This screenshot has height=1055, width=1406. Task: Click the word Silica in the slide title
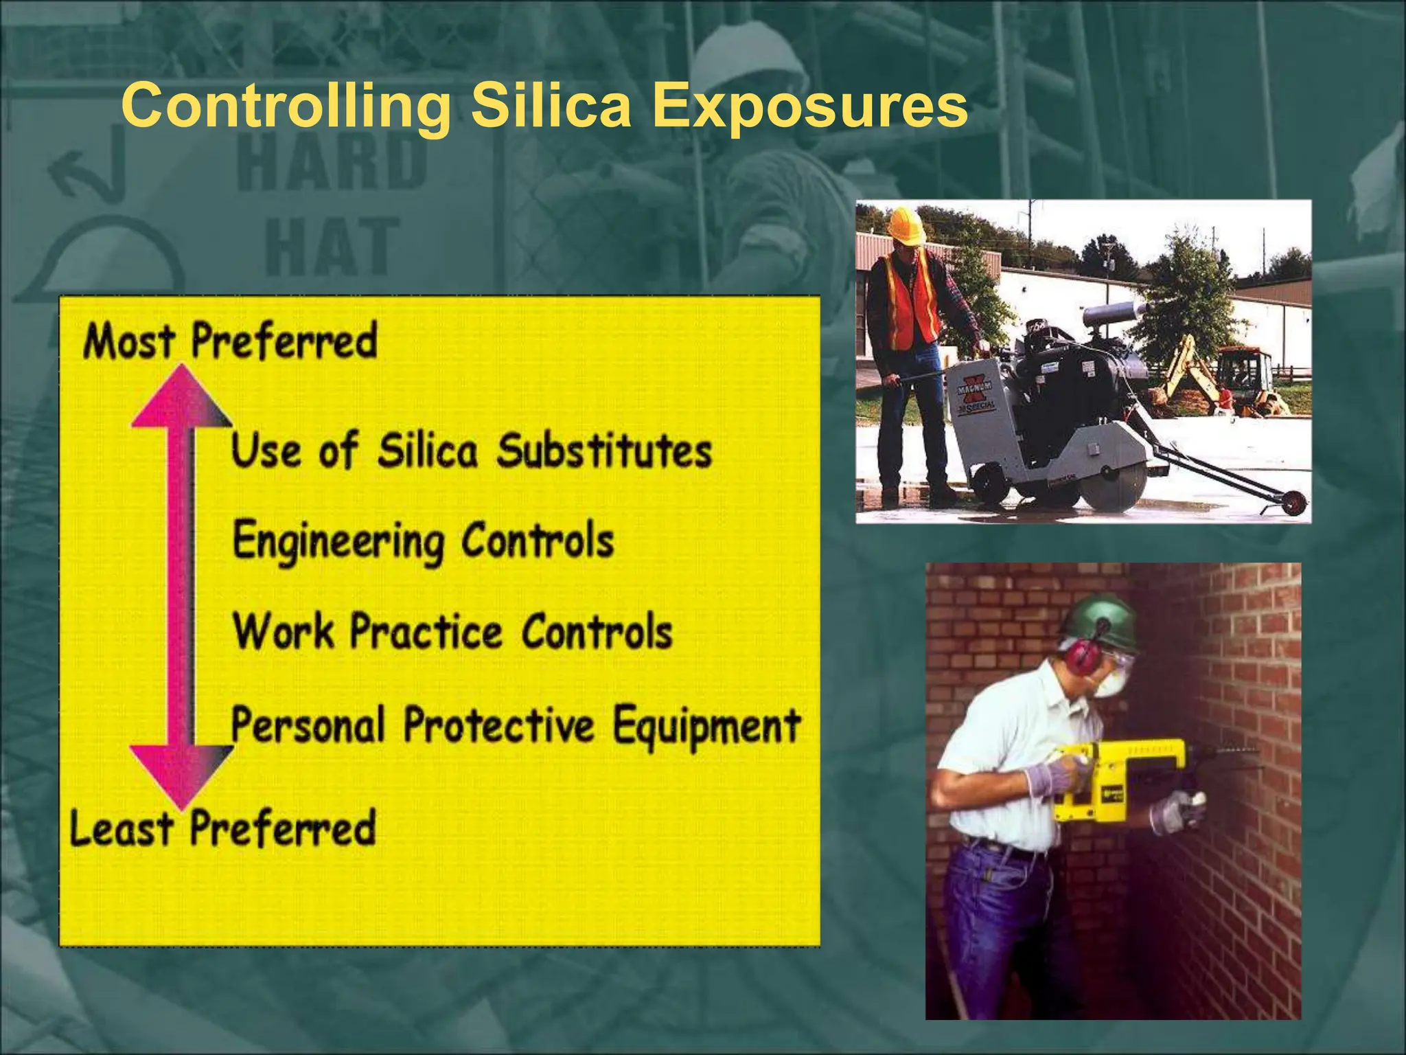(550, 106)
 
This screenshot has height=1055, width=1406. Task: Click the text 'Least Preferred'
(222, 828)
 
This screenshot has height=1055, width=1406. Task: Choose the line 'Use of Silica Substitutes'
(471, 451)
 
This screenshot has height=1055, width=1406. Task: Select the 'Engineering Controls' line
(423, 541)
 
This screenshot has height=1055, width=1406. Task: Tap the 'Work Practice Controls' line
(452, 632)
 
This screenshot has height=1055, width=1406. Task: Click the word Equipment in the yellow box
(706, 726)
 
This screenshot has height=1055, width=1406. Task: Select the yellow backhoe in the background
(1188, 371)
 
